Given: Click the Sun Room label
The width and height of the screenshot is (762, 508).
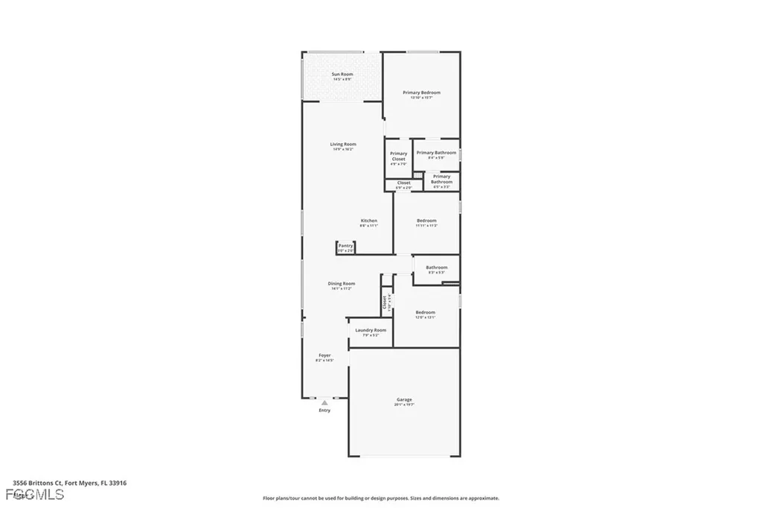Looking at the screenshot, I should click(342, 74).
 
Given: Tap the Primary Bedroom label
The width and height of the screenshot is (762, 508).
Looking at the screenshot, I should click(421, 93).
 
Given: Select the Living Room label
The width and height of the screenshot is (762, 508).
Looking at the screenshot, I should click(343, 145).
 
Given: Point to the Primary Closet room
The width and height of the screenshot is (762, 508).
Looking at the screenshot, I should click(398, 157).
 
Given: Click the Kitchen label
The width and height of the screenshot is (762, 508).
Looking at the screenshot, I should click(368, 220).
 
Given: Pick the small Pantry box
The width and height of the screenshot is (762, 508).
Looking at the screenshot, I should click(345, 247).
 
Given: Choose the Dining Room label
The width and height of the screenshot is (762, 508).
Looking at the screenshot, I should click(342, 284).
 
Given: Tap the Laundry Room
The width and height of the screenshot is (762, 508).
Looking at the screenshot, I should click(370, 331).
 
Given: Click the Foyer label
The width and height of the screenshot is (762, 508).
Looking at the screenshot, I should click(324, 356).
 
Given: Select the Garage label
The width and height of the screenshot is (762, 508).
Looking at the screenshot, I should click(404, 400).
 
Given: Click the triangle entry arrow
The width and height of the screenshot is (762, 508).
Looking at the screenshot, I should click(324, 403).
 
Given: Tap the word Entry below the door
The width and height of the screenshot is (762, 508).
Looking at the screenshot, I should click(324, 410).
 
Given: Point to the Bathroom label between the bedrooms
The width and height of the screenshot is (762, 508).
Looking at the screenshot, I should click(436, 267).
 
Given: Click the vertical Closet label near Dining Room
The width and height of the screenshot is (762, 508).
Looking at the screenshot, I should click(385, 302).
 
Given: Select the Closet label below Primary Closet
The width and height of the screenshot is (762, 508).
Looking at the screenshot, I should click(403, 182).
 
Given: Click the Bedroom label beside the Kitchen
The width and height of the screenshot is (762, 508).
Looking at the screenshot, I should click(426, 220).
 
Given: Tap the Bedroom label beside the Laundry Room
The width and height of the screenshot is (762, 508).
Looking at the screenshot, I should click(426, 312).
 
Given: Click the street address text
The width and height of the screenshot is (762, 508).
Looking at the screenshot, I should click(69, 483).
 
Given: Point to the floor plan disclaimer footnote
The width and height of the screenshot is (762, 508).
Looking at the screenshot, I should click(380, 498).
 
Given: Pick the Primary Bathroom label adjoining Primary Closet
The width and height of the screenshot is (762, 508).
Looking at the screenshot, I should click(436, 153).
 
